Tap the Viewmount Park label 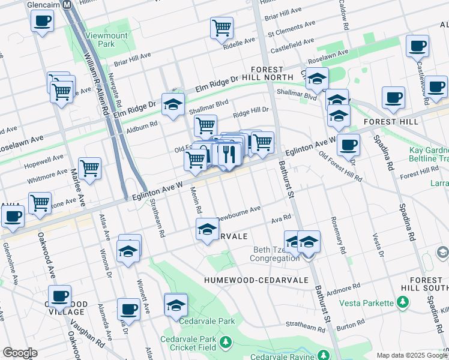100,40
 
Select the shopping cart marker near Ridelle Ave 221,28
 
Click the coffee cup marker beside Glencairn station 42,22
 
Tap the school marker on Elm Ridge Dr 173,105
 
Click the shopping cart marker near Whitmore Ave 89,169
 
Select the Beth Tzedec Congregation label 276,254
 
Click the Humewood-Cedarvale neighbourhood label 256,280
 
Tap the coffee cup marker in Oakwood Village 59,296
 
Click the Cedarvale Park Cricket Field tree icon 225,343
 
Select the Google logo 20,353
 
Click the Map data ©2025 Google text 411,355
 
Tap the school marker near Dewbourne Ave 207,229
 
